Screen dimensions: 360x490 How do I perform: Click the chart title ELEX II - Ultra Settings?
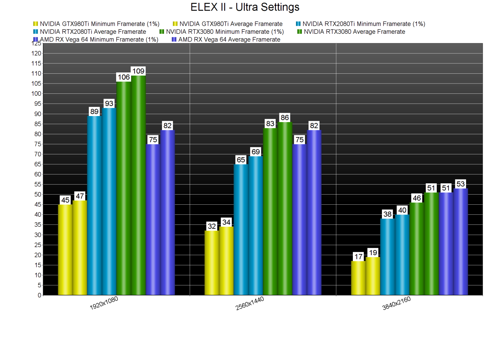coord(245,7)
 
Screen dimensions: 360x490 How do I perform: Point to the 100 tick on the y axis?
coord(36,94)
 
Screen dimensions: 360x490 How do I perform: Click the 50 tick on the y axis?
coord(38,195)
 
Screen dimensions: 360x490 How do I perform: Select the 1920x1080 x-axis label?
coord(104,303)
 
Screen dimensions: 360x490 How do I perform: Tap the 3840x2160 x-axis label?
coord(397,303)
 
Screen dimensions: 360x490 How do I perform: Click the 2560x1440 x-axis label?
coord(250,303)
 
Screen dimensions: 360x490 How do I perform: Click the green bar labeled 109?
coord(138,185)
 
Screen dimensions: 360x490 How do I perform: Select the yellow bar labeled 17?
coord(358,278)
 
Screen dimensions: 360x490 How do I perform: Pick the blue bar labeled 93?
coord(109,201)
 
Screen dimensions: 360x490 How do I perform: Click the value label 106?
coord(124,77)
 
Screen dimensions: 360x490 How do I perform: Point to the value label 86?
coord(285,118)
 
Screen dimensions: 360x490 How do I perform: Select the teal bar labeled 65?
coord(241,229)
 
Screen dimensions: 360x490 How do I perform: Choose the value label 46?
coord(417,198)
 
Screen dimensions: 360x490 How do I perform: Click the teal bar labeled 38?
coord(388,256)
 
